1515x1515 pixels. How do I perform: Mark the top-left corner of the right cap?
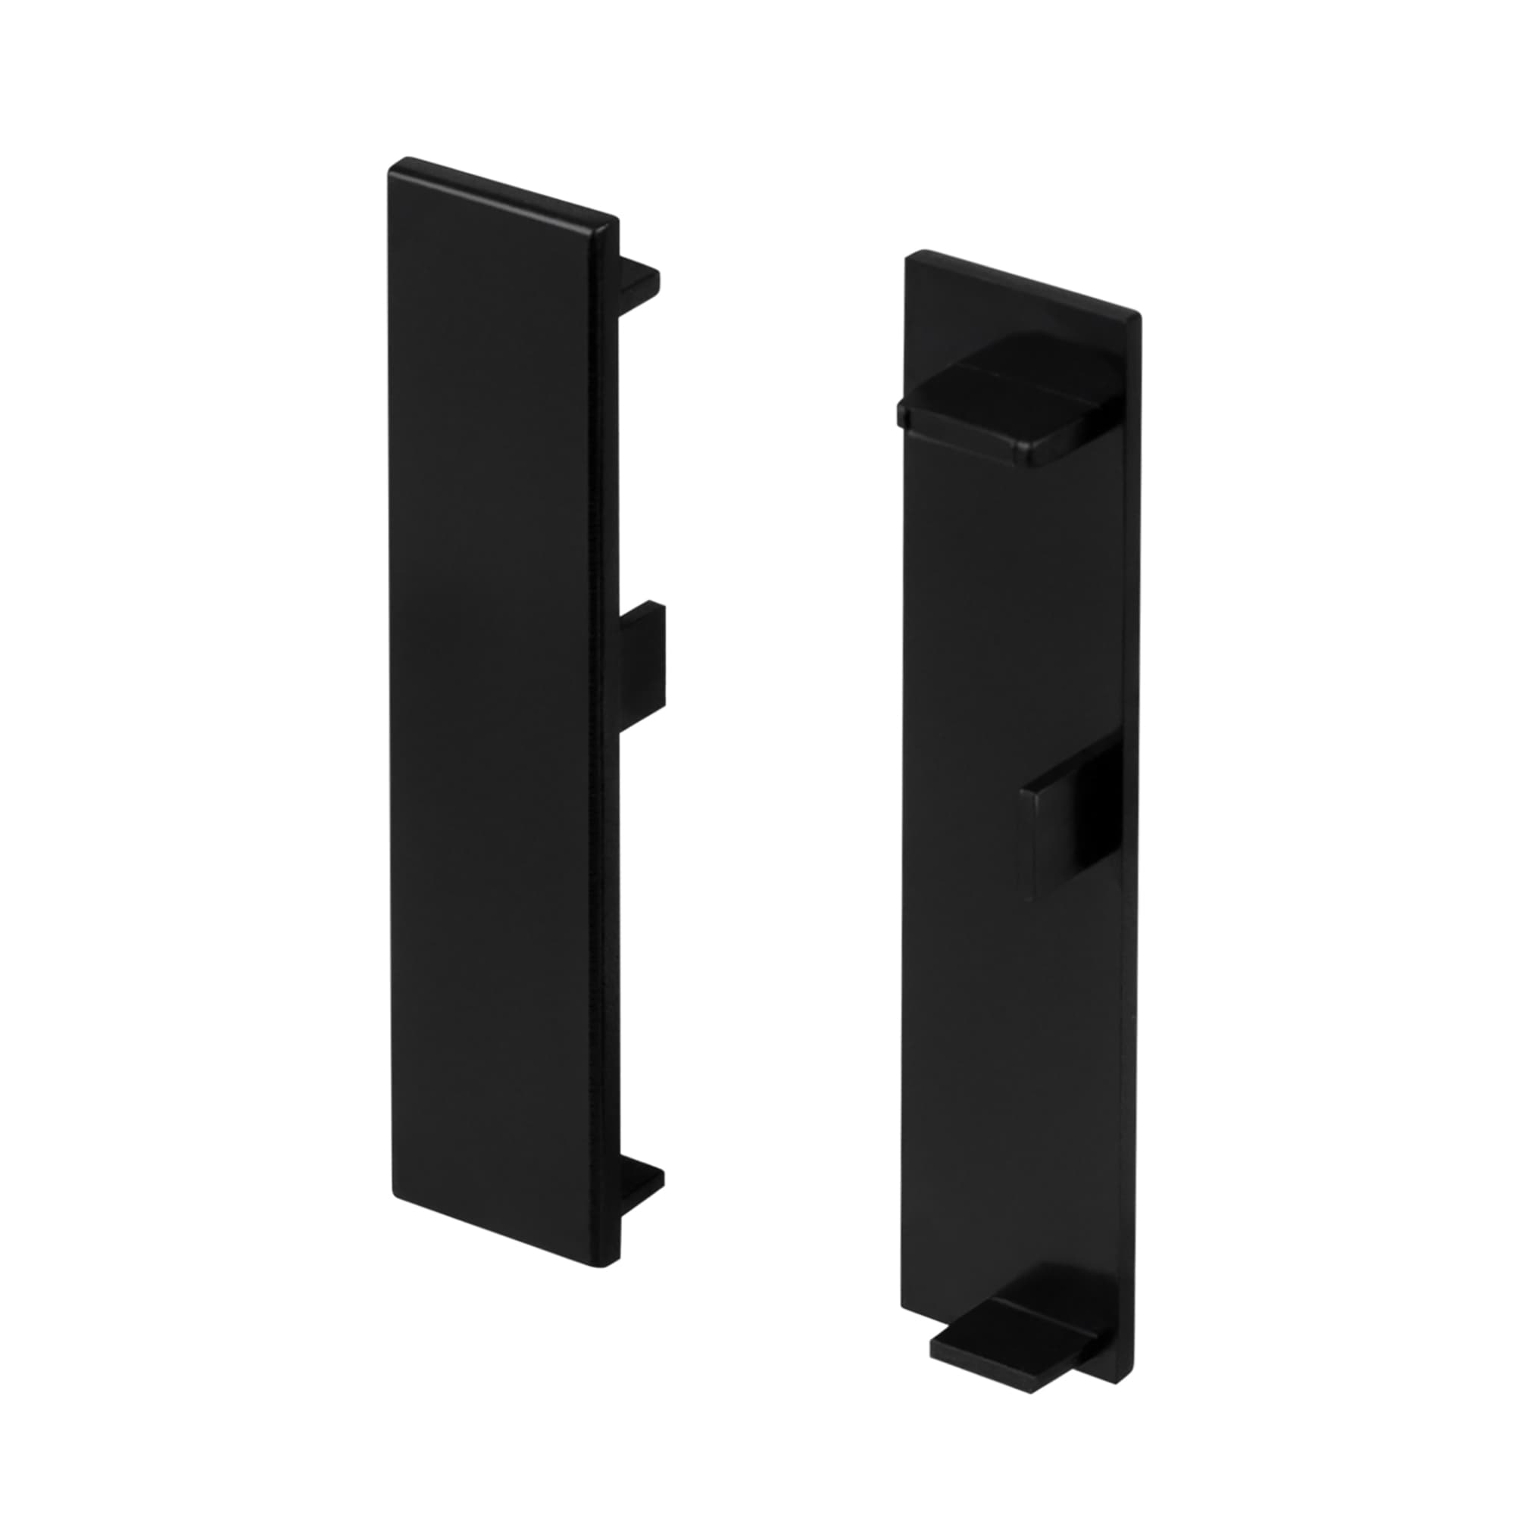point(910,257)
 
